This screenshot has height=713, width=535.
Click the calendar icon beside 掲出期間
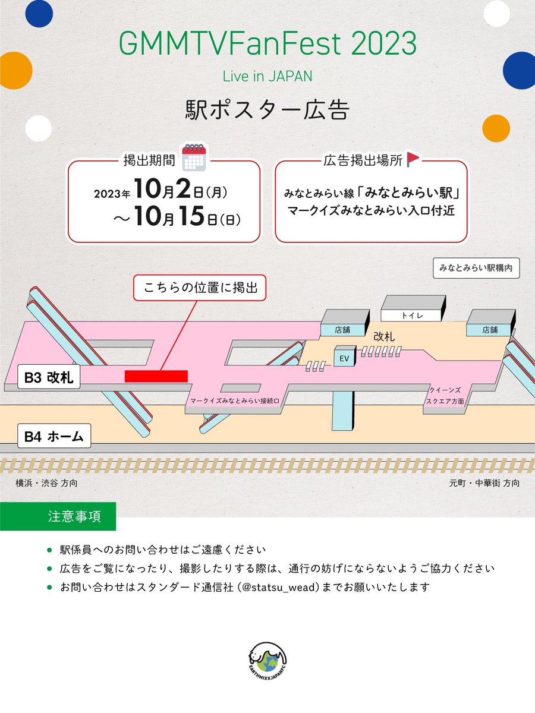click(x=194, y=157)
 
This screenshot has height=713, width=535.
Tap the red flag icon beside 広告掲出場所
click(x=413, y=159)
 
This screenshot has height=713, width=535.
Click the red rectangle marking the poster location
click(x=156, y=376)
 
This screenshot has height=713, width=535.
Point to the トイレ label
click(x=412, y=316)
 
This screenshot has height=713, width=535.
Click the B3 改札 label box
click(x=49, y=377)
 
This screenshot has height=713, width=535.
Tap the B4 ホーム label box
click(x=54, y=436)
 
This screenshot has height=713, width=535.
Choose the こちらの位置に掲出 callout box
click(x=200, y=288)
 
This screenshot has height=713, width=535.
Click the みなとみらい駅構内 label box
click(x=476, y=268)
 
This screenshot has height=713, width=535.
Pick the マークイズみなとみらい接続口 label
click(x=235, y=401)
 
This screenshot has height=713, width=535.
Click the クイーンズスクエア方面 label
click(x=445, y=396)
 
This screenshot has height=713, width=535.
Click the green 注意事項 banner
click(x=58, y=516)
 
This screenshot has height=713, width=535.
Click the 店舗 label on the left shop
click(x=342, y=330)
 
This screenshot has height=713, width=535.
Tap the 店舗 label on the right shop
click(x=490, y=330)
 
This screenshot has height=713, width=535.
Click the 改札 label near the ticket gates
click(x=384, y=337)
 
